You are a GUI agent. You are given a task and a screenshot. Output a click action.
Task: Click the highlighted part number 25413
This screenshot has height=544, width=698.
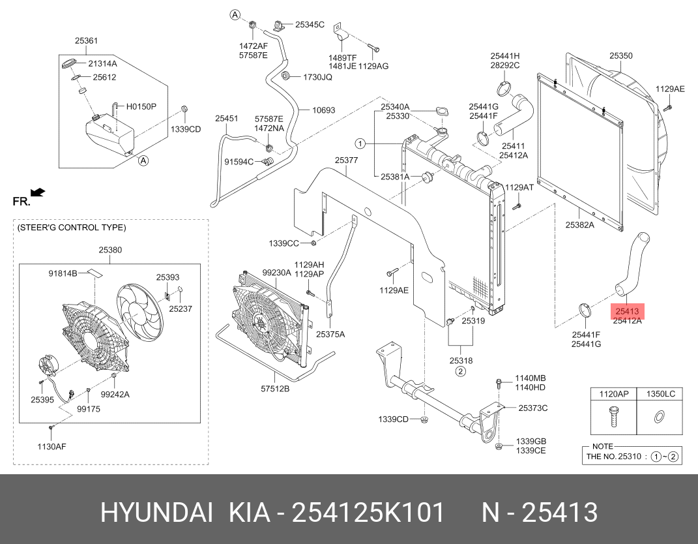(x=626, y=311)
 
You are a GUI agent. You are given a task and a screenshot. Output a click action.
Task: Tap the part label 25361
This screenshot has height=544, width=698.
(x=86, y=41)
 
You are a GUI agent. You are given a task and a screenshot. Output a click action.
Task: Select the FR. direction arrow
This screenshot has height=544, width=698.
(x=38, y=192)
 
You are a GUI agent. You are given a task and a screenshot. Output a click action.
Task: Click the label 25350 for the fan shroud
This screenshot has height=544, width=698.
(x=620, y=56)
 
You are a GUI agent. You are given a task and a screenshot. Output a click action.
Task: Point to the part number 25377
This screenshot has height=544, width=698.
(x=347, y=160)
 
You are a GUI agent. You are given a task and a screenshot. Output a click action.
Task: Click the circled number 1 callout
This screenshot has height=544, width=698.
(x=360, y=144)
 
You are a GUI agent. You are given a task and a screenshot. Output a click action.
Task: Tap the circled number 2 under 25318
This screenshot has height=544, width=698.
(x=460, y=372)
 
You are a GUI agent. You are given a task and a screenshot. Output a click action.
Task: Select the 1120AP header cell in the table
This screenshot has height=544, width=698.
(x=613, y=394)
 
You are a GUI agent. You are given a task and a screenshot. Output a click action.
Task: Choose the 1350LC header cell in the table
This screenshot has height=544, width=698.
(x=660, y=394)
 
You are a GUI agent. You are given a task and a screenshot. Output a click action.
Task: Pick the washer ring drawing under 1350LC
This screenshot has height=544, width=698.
(x=659, y=416)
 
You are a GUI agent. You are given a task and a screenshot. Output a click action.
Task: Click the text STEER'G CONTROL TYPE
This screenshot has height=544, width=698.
(x=72, y=228)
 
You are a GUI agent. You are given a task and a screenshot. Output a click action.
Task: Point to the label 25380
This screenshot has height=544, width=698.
(x=109, y=250)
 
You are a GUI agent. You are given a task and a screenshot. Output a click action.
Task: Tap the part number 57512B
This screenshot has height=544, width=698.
(x=275, y=389)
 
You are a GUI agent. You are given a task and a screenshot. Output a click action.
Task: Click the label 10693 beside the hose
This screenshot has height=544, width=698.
(x=324, y=110)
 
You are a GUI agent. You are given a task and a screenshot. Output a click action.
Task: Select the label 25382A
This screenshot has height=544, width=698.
(x=580, y=226)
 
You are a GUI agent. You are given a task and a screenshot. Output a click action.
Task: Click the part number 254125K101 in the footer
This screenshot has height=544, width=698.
(x=368, y=513)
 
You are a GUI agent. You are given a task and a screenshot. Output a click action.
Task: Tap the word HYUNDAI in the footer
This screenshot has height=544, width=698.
(x=156, y=513)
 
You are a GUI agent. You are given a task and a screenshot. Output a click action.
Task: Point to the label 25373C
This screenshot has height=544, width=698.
(x=532, y=408)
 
